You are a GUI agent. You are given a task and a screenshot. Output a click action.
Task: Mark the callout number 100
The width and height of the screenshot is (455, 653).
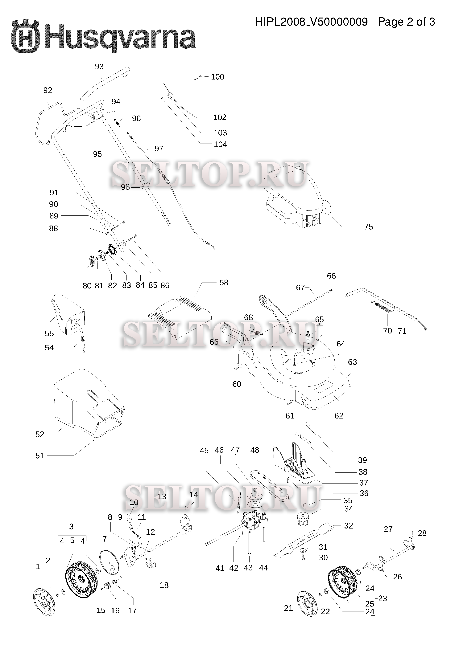(217, 77)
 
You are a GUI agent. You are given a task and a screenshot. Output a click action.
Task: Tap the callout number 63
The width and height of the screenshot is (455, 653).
(352, 362)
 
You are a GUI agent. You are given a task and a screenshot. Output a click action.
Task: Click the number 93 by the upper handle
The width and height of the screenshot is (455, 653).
(99, 66)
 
